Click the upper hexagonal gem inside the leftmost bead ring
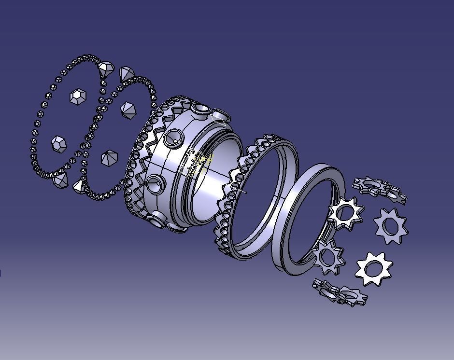(x=78, y=97)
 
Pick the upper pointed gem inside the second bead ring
(x=128, y=110)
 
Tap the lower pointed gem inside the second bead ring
(x=109, y=157)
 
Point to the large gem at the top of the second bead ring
(x=127, y=74)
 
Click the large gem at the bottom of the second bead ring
(x=79, y=185)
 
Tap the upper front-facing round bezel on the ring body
(x=172, y=139)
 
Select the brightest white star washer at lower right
(x=373, y=268)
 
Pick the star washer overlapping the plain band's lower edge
(x=328, y=256)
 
